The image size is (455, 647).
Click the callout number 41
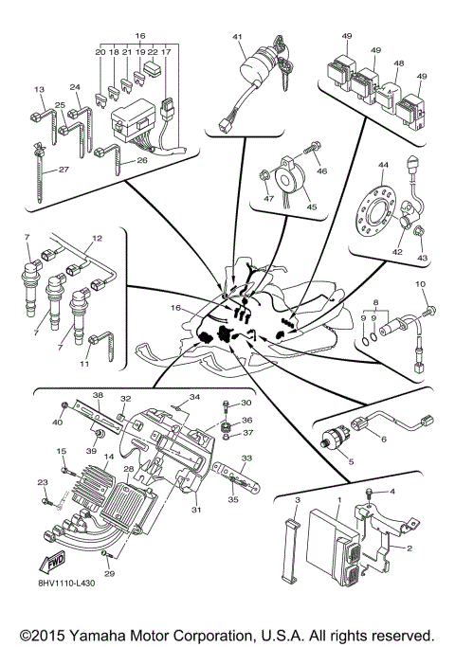point(239,37)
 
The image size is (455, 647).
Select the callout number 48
point(399,64)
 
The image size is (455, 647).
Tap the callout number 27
point(64,171)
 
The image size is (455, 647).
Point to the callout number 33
point(246,458)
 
